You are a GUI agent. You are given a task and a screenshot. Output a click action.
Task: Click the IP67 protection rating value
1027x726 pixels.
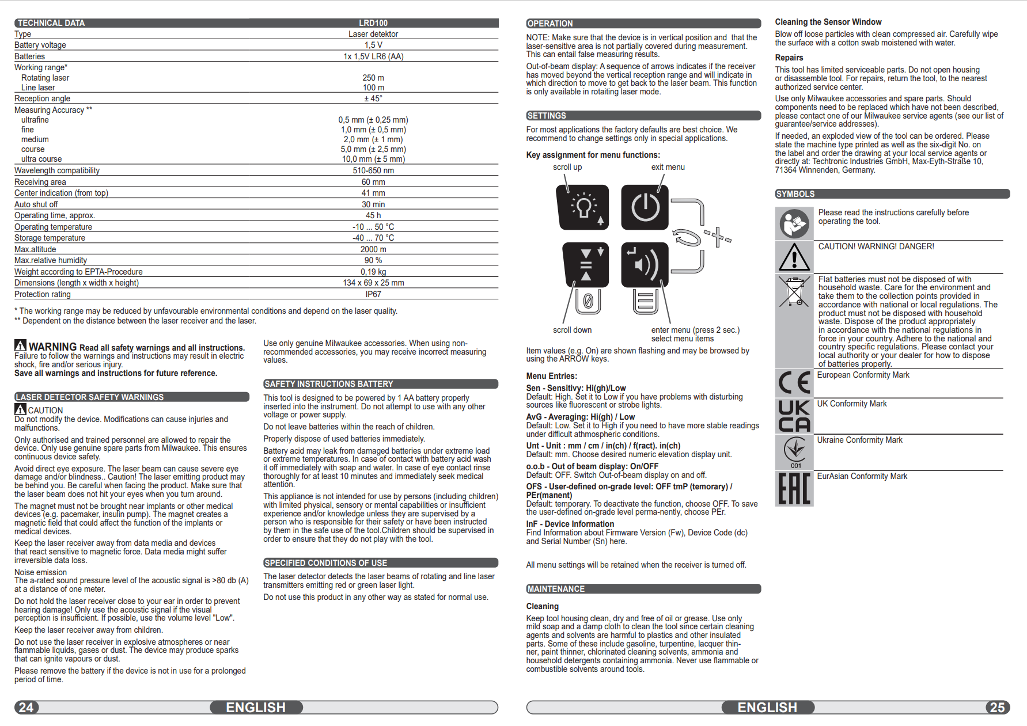pos(373,294)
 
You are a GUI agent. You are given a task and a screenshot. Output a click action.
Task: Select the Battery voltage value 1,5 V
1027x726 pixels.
pos(373,45)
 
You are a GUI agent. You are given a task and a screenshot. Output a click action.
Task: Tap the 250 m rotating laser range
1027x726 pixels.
pos(373,78)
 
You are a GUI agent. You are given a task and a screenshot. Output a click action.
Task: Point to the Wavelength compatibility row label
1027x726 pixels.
pos(57,170)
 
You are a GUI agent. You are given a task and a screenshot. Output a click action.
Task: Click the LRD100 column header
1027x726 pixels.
pos(373,23)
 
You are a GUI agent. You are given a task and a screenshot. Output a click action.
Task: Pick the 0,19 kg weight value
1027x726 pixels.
pos(373,272)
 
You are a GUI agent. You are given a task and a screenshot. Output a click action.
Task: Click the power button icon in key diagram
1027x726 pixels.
pos(645,207)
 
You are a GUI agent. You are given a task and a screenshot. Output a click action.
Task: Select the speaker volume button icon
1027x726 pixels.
pos(645,265)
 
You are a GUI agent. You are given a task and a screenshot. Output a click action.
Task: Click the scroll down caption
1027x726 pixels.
pos(572,330)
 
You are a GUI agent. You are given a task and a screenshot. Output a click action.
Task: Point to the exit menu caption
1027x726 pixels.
pos(668,167)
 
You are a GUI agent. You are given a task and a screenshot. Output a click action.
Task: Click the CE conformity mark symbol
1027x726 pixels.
pos(794,383)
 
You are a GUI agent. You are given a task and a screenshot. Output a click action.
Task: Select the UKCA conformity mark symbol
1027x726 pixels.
pos(794,416)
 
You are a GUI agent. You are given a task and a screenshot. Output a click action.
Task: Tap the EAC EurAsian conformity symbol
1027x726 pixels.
pos(794,488)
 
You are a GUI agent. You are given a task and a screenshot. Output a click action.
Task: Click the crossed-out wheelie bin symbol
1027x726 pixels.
pos(794,291)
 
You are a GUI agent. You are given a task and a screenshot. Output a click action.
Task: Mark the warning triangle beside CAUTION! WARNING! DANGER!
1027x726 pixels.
pos(794,257)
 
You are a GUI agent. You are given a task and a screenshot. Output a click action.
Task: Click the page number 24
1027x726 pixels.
pos(26,708)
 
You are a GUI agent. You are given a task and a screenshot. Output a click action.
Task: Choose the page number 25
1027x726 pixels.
pos(997,708)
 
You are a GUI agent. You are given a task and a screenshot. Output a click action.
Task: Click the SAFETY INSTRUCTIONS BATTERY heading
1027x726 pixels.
pos(328,384)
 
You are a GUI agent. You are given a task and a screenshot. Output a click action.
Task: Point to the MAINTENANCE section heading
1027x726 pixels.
pos(556,589)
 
